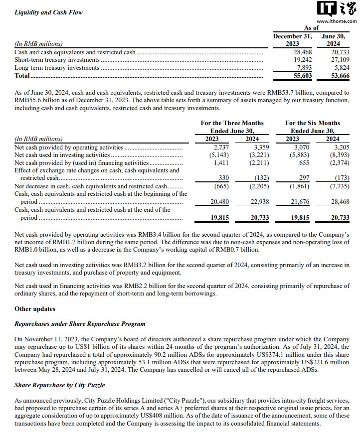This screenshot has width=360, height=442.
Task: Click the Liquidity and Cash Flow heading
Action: [48, 12]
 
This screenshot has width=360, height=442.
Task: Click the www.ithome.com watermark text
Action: [337, 21]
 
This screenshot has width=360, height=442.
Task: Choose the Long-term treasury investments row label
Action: [57, 68]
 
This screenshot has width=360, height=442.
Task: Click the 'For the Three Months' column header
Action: [232, 123]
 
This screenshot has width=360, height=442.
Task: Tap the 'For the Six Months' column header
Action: [312, 123]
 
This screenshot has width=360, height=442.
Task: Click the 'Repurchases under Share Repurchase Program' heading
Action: [80, 324]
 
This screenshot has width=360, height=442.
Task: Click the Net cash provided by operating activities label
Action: [69, 147]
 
